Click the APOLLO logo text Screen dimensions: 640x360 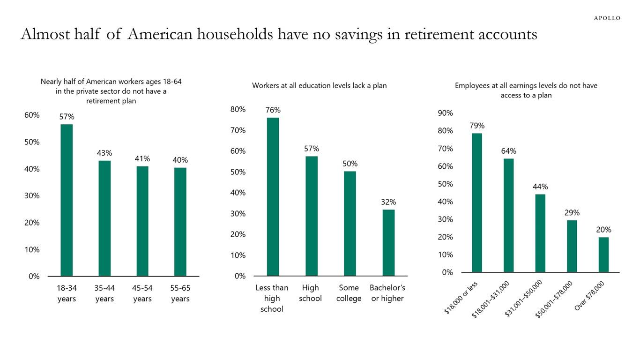point(607,18)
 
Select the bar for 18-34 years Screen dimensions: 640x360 point(67,200)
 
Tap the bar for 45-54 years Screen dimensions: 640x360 point(142,221)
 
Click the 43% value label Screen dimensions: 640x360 point(104,153)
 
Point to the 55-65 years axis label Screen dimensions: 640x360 point(180,293)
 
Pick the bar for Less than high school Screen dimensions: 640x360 point(273,197)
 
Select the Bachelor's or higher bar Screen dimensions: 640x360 point(388,243)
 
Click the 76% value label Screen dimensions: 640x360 point(273,110)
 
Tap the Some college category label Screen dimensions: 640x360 point(349,293)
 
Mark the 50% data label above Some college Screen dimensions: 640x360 point(350,164)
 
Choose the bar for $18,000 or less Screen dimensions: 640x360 point(477,202)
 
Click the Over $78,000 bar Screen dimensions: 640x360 point(604,255)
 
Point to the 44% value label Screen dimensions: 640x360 point(540,187)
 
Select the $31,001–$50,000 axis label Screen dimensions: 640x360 point(523,299)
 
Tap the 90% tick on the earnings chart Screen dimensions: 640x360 point(446,113)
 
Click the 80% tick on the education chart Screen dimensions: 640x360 point(238,109)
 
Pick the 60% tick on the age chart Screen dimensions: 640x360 point(32,115)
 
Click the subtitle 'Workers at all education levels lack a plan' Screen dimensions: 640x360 point(319,85)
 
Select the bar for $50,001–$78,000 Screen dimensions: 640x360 point(572,246)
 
